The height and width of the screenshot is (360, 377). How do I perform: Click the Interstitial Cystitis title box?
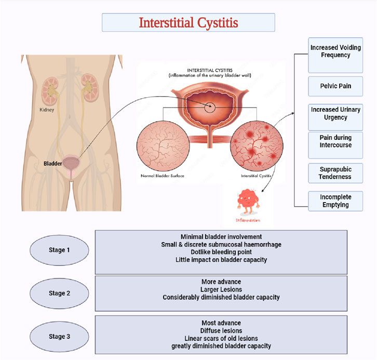[x=188, y=22]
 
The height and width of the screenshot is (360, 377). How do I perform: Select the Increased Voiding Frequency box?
[x=335, y=51]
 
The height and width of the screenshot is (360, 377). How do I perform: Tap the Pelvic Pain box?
[x=335, y=86]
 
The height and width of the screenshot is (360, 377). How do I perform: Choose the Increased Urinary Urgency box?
[x=335, y=114]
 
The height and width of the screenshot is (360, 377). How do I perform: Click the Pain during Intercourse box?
[x=335, y=141]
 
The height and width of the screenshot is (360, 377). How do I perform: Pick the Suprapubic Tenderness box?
[x=335, y=172]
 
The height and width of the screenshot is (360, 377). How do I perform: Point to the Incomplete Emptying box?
[x=335, y=201]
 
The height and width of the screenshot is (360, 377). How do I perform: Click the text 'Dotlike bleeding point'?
[x=221, y=251]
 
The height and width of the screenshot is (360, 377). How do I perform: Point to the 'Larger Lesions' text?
[x=221, y=289]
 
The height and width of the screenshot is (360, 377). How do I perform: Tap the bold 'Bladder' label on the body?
[x=53, y=164]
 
